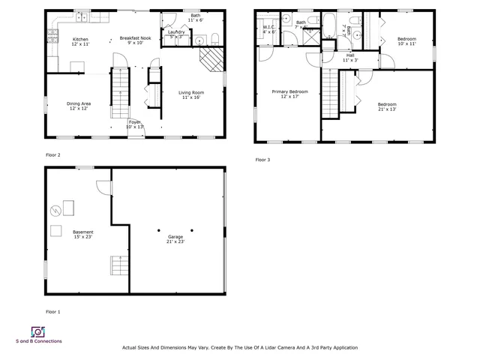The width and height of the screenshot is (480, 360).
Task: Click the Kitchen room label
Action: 80,42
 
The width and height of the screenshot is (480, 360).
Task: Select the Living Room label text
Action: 191,95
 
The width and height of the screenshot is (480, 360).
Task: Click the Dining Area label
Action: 79,106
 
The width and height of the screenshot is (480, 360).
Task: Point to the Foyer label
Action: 134,124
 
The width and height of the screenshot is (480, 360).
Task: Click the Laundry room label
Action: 176,33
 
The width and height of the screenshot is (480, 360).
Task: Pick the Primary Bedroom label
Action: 289,94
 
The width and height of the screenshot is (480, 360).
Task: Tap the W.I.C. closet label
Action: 269,29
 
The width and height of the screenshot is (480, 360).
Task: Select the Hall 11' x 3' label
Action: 349,57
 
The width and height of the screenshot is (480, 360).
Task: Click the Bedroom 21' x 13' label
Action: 387,106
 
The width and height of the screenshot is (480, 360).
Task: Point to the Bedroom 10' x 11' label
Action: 406,40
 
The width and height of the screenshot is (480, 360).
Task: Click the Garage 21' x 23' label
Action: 175,239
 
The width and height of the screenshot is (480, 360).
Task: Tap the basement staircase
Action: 118,266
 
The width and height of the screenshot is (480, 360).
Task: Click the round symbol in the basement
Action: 55,210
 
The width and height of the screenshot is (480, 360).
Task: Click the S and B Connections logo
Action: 37,331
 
